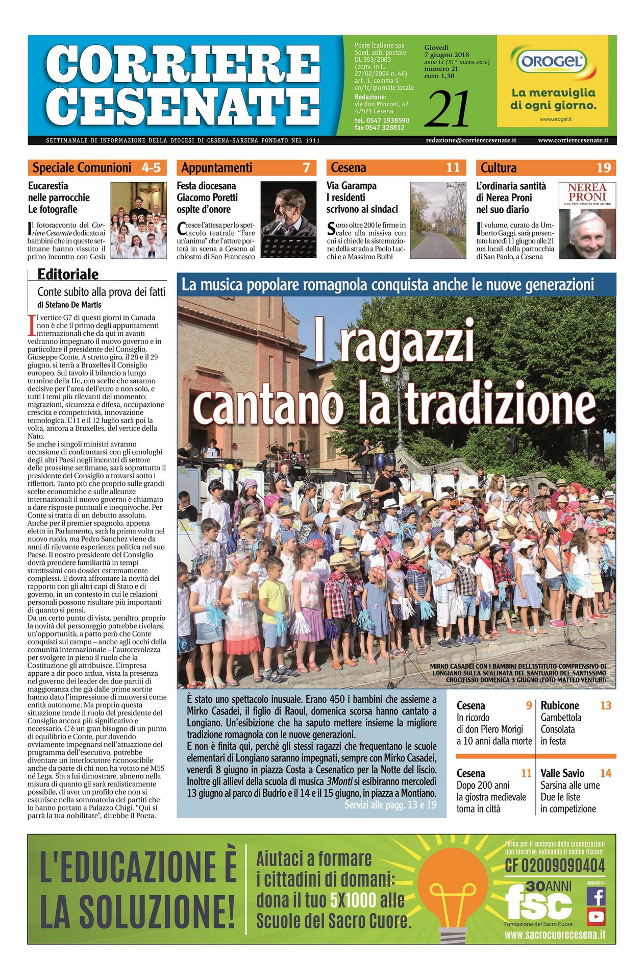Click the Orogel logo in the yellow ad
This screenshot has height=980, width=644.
(x=552, y=62)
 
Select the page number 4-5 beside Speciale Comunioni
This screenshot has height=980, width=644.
(x=151, y=167)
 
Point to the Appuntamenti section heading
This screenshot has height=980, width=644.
(x=217, y=167)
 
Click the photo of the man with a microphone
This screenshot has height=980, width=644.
(x=288, y=220)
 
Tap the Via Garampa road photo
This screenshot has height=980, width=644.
(x=438, y=220)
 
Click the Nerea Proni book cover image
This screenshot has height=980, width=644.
(x=587, y=220)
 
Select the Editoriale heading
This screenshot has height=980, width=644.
(x=68, y=274)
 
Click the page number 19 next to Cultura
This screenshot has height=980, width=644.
(x=604, y=167)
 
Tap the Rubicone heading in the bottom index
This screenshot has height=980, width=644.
(x=560, y=705)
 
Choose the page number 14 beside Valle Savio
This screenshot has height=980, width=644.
(x=605, y=773)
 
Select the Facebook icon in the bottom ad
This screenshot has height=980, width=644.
(x=596, y=896)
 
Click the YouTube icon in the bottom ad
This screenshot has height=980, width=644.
(x=596, y=917)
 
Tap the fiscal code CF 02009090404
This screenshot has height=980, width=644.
(x=555, y=866)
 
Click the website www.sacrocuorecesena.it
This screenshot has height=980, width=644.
(x=555, y=935)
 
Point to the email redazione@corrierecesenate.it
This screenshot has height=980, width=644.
(x=470, y=140)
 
